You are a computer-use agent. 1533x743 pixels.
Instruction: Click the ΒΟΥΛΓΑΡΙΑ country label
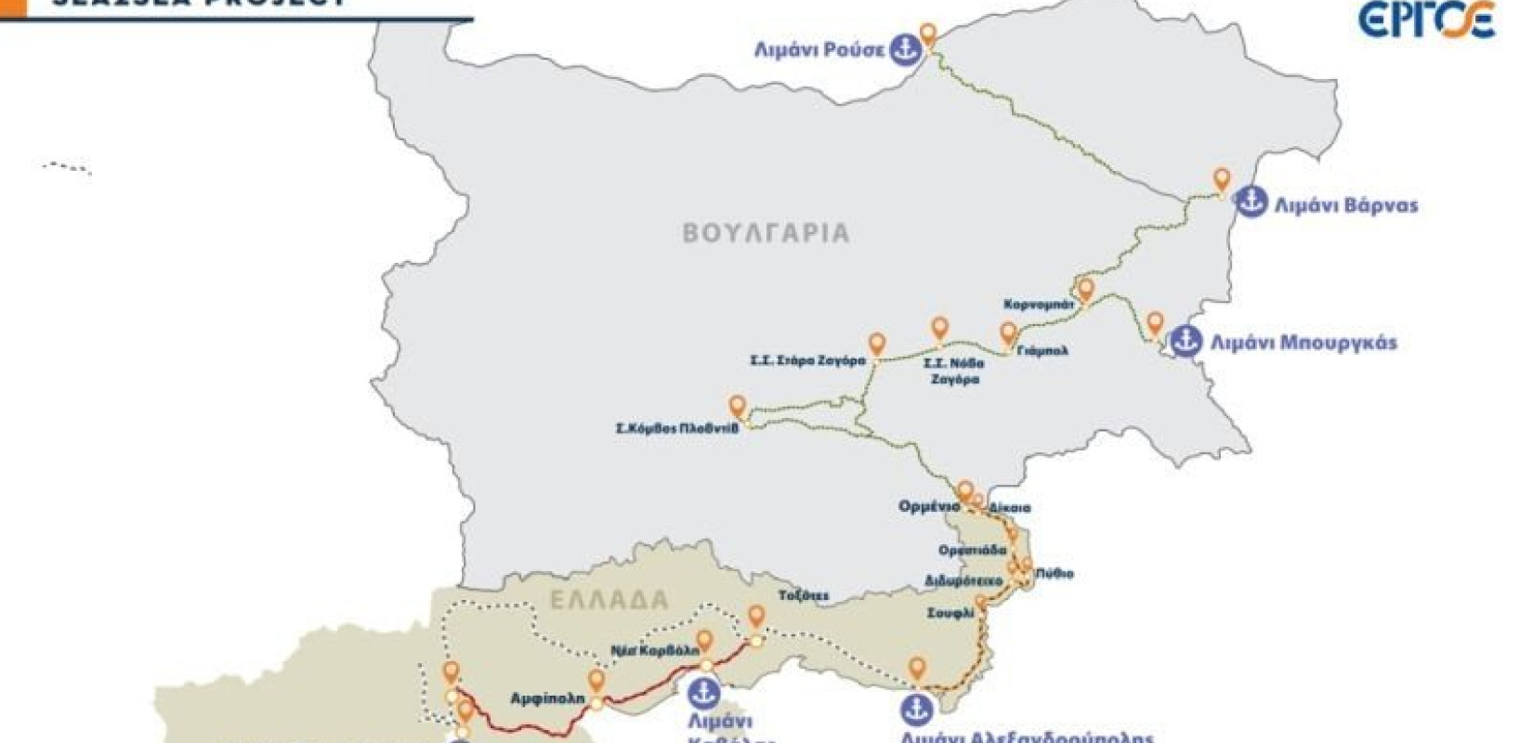(766, 232)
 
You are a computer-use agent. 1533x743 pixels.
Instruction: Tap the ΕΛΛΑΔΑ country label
(609, 600)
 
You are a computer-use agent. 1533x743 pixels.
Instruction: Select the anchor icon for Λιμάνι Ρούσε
(904, 50)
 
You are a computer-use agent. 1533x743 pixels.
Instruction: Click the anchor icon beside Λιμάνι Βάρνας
(1251, 202)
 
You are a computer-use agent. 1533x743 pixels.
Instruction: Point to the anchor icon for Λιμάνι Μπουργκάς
(1185, 341)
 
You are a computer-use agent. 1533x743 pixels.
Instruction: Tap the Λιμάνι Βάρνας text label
(1346, 205)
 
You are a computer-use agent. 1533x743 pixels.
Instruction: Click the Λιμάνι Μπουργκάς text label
(1303, 343)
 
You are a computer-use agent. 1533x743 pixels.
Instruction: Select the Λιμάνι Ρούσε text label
(819, 50)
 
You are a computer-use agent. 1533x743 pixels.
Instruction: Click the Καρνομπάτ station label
(1039, 305)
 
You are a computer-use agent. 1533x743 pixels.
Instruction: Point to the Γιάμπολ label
(1042, 351)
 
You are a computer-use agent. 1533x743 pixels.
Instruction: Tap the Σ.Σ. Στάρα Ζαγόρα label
(807, 360)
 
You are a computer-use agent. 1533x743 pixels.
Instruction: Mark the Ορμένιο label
(928, 507)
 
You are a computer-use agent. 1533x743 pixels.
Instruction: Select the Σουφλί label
(950, 614)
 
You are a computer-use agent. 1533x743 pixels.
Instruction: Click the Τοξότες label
(804, 596)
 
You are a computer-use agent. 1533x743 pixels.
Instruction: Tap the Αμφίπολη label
(547, 697)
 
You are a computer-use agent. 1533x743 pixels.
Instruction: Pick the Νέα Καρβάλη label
(655, 651)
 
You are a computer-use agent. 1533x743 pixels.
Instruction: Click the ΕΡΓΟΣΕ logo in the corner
(1427, 20)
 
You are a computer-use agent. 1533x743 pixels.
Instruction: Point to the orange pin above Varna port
(1222, 179)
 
